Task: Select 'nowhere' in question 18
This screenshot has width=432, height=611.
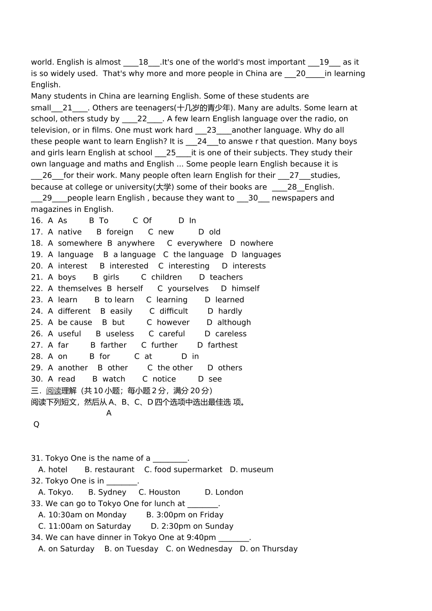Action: tap(256, 243)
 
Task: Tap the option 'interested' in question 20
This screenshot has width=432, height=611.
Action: tap(129, 266)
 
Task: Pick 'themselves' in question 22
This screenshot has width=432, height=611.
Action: tap(80, 289)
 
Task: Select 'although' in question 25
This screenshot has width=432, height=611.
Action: tap(234, 322)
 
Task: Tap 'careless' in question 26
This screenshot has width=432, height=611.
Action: tap(231, 334)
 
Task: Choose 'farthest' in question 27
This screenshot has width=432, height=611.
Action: tap(222, 345)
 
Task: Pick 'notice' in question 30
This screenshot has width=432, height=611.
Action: tap(164, 379)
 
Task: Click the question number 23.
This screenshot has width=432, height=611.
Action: tap(36, 300)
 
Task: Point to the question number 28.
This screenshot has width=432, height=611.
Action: tap(36, 356)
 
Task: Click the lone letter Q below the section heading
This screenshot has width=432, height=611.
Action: tap(36, 425)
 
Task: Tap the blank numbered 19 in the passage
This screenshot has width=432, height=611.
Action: tap(324, 62)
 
